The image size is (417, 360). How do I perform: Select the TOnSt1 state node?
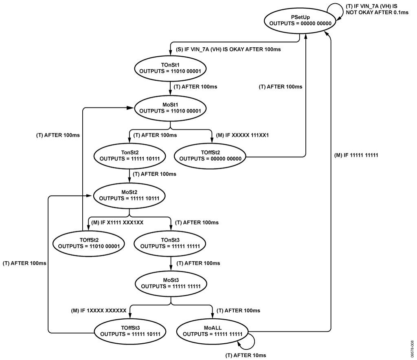click(x=170, y=67)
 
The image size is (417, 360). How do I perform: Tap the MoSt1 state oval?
click(x=170, y=108)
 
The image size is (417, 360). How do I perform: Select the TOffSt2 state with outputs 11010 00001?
click(x=89, y=243)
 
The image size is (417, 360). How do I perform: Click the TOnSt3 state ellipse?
click(x=170, y=243)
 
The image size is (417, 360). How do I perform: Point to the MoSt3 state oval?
click(x=171, y=283)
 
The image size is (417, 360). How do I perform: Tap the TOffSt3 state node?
click(x=130, y=331)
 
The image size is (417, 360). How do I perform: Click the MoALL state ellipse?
click(x=213, y=331)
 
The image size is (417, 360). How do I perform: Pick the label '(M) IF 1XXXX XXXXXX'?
click(x=97, y=311)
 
